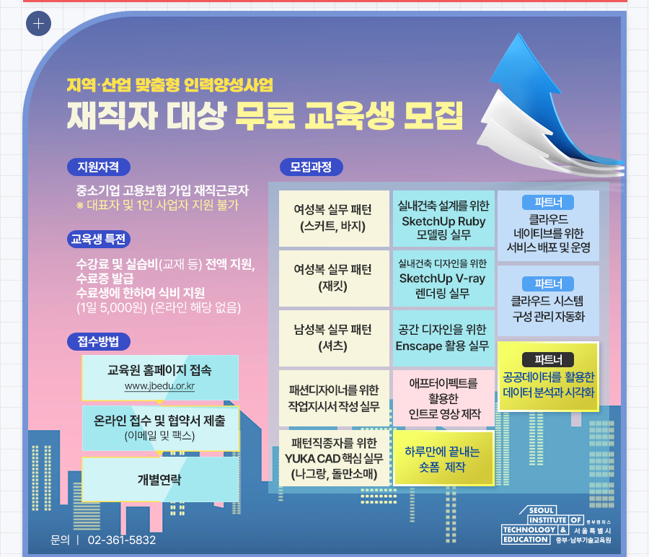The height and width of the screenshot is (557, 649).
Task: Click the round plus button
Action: click(x=38, y=24)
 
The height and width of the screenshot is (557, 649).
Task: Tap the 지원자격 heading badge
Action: click(x=99, y=167)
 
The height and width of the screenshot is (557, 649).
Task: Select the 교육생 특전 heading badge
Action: click(x=99, y=239)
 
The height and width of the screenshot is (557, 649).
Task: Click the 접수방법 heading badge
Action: click(x=99, y=342)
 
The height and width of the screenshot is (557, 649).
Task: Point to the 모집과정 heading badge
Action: click(x=312, y=167)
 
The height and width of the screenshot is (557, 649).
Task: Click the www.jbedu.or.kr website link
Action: click(x=160, y=386)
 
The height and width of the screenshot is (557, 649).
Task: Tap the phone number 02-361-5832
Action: click(x=122, y=540)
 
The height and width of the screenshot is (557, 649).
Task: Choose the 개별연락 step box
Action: click(x=160, y=480)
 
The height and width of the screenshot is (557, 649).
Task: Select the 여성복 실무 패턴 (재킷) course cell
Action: click(x=334, y=278)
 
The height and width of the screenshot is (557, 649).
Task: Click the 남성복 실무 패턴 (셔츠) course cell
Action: click(x=334, y=338)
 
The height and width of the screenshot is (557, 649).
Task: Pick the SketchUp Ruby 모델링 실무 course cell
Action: click(x=443, y=219)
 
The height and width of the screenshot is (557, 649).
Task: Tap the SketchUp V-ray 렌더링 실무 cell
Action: click(x=443, y=278)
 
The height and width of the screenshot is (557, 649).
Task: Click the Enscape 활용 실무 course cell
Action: click(x=443, y=338)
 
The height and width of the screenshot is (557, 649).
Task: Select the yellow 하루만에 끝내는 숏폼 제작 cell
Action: click(x=443, y=458)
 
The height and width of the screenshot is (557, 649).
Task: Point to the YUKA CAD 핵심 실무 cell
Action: click(x=334, y=458)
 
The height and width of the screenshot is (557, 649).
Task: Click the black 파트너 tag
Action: click(x=548, y=359)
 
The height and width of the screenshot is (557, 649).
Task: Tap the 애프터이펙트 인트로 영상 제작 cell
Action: click(x=443, y=398)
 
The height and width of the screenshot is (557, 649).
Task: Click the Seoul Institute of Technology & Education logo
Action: click(x=557, y=525)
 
